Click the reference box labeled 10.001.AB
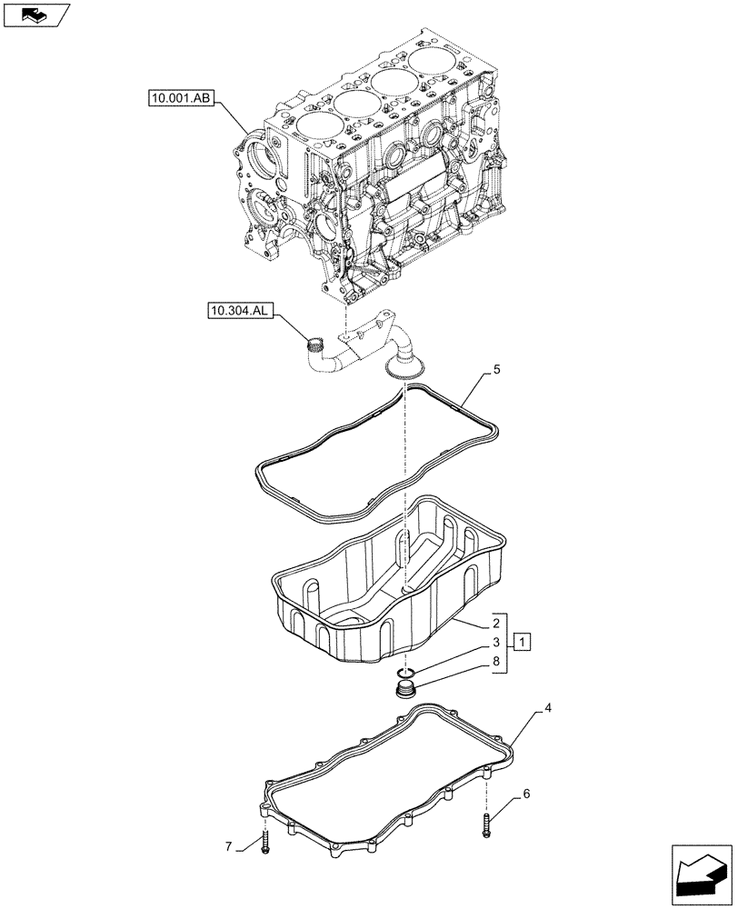pyautogui.click(x=177, y=97)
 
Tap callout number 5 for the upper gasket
pyautogui.click(x=496, y=370)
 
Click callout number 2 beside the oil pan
pyautogui.click(x=496, y=624)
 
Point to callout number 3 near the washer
pyautogui.click(x=496, y=644)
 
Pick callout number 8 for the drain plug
pyautogui.click(x=496, y=664)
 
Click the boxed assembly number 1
pyautogui.click(x=521, y=644)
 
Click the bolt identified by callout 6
pyautogui.click(x=486, y=825)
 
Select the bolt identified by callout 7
pyautogui.click(x=264, y=843)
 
